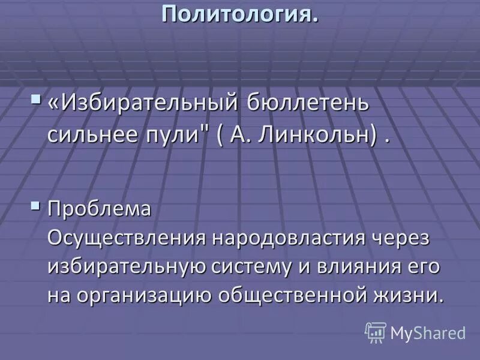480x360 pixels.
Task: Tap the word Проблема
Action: [99, 210]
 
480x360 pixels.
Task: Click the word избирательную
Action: [126, 266]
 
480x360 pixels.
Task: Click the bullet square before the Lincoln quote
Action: [37, 98]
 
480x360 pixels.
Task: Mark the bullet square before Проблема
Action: [37, 208]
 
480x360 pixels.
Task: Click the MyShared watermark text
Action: [428, 333]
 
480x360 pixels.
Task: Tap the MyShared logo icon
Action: [376, 332]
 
